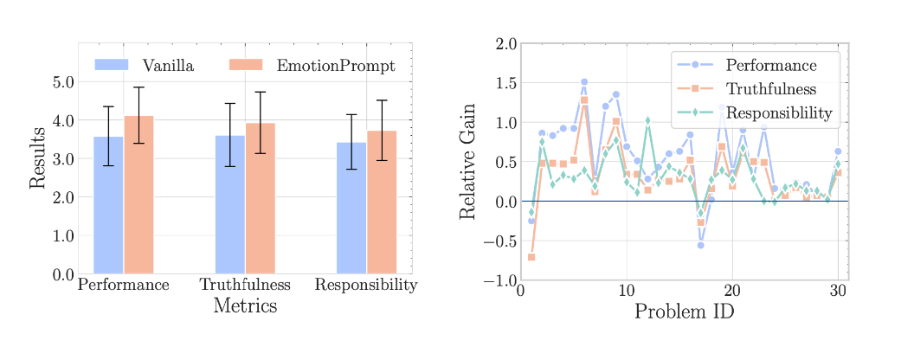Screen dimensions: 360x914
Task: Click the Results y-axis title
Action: (37, 157)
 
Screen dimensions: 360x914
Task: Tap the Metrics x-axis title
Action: (245, 305)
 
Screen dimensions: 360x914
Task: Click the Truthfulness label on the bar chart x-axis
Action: (244, 285)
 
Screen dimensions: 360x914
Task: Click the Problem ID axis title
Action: (684, 312)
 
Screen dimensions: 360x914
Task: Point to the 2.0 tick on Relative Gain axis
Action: (505, 43)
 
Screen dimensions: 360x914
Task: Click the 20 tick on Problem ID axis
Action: (732, 291)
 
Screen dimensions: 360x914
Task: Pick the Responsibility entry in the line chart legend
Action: (778, 112)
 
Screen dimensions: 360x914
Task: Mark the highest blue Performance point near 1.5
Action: (584, 82)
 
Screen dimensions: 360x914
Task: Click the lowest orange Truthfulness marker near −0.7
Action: (531, 257)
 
